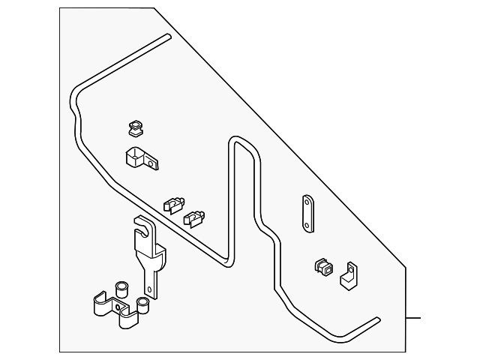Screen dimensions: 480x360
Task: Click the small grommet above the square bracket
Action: (x=136, y=129)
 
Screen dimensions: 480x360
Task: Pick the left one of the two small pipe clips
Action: (x=173, y=203)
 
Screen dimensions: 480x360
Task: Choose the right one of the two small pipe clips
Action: (x=194, y=218)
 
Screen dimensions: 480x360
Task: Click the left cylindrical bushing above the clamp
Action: (x=120, y=289)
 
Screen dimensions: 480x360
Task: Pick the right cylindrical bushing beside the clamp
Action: (x=142, y=304)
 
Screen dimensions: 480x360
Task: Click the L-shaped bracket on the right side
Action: (x=349, y=275)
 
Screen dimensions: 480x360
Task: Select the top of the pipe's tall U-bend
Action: (x=239, y=140)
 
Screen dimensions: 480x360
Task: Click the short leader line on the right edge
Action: (x=414, y=318)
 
